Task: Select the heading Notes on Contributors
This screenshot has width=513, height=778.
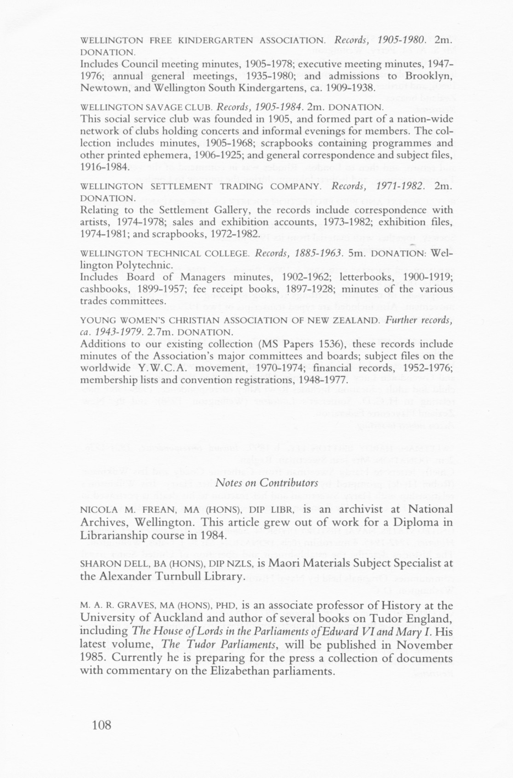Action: (x=267, y=482)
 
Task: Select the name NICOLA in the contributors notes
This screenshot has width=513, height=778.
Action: (x=98, y=510)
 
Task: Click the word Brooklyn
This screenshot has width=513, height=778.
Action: (x=426, y=75)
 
